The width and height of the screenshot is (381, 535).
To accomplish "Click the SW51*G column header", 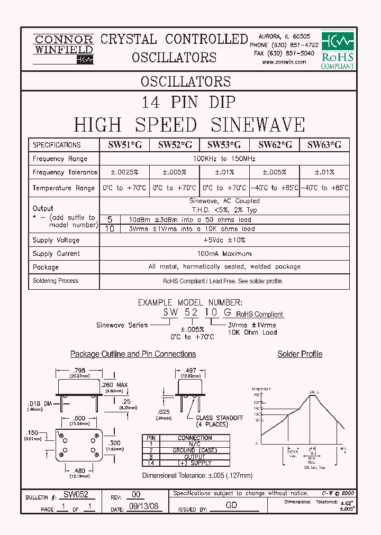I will [x=124, y=145].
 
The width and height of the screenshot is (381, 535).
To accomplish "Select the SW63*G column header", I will [x=324, y=145].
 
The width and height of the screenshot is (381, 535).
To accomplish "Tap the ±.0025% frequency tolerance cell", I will [x=124, y=172].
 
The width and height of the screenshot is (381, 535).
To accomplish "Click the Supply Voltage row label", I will [x=56, y=240].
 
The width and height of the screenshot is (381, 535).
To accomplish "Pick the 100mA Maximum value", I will [x=224, y=254].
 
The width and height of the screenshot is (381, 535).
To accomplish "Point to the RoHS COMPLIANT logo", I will [x=338, y=50].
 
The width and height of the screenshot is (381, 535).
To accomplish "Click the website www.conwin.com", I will [x=284, y=62].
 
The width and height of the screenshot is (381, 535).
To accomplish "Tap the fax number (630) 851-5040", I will [x=284, y=53].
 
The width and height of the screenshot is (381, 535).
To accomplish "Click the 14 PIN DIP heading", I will [x=188, y=102].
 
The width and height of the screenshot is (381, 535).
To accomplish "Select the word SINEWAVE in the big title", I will [x=258, y=125].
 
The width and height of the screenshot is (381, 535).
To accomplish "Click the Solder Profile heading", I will [x=300, y=354].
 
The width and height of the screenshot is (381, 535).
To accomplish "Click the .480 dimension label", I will [x=79, y=472].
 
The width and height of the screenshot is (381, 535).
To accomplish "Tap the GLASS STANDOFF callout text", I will [x=219, y=418].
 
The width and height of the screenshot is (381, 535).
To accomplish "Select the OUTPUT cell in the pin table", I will [x=195, y=457].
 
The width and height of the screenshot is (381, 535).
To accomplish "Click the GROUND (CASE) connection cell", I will [x=195, y=450].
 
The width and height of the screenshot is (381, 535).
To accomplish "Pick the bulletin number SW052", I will [x=76, y=495].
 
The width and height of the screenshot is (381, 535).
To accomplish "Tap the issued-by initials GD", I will [x=231, y=505].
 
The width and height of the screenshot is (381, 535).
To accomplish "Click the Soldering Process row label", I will [x=56, y=281].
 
